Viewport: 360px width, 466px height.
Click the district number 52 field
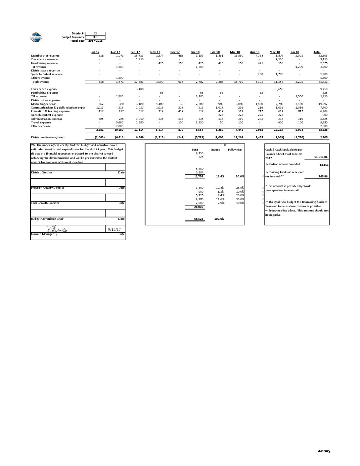pyautogui.click(x=95, y=33)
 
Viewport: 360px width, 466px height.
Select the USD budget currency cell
pyautogui.click(x=95, y=37)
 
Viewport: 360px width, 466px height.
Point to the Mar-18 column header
pyautogui.click(x=235, y=52)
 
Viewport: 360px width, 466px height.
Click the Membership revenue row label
pyautogui.click(x=45, y=56)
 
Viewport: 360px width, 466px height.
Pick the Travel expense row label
pyautogui.click(x=41, y=122)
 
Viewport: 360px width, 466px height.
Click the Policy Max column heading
pyautogui.click(x=235, y=150)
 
